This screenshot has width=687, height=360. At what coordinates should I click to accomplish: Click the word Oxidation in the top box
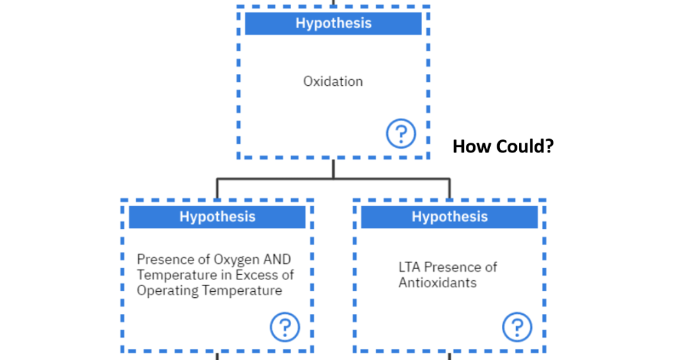[x=332, y=82]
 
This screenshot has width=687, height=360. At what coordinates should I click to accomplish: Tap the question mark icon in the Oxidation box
[x=400, y=134]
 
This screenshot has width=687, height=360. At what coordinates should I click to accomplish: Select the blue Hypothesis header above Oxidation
[x=333, y=23]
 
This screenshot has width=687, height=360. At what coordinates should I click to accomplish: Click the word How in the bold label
[x=471, y=146]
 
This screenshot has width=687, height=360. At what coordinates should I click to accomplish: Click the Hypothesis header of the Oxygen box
[x=217, y=217]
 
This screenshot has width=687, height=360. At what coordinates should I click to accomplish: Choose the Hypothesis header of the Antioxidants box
[x=449, y=217]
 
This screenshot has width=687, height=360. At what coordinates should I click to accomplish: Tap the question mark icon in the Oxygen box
[x=285, y=327]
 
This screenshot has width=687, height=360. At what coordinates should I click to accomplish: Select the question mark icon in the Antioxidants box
[x=517, y=327]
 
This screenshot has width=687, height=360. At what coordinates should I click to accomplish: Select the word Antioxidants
[x=437, y=283]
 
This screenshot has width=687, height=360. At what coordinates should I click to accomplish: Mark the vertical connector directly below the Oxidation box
[x=333, y=168]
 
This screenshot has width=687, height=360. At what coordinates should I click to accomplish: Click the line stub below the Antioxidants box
[x=449, y=356]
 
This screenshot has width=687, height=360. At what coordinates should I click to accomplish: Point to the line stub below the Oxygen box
[x=217, y=356]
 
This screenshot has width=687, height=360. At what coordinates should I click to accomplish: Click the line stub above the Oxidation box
[x=333, y=3]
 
